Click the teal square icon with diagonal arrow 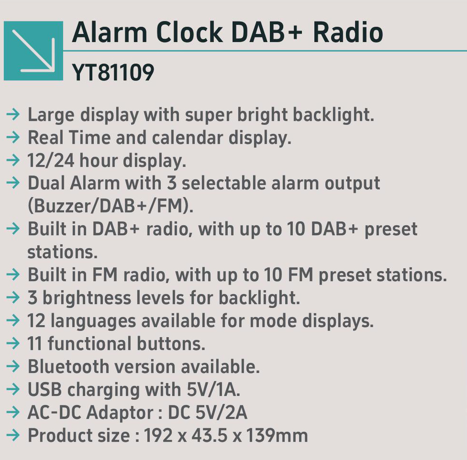(x=33, y=51)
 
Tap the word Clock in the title (x=189, y=32)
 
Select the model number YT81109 (x=113, y=72)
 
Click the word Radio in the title (x=348, y=32)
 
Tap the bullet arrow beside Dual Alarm (x=13, y=183)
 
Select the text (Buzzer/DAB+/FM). (x=111, y=206)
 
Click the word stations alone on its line (x=63, y=252)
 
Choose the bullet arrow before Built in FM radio (x=13, y=274)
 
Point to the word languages (x=93, y=321)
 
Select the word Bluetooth (x=68, y=366)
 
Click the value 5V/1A (x=213, y=389)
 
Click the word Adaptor (x=120, y=413)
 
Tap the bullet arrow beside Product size (x=13, y=435)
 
